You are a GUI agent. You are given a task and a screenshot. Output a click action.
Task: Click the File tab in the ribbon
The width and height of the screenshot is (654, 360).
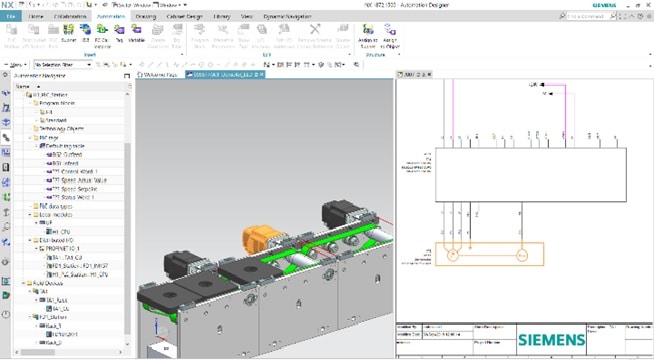12,17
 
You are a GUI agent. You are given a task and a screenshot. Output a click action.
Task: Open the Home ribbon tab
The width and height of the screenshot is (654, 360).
37,17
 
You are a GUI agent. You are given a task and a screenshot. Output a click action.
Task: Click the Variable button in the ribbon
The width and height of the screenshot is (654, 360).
136,41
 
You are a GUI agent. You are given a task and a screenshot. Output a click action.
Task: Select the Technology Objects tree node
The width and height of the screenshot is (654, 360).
61,129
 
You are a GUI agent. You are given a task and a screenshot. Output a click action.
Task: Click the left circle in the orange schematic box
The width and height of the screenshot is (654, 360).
452,257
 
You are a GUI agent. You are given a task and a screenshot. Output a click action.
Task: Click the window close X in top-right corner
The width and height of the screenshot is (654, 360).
646,4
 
